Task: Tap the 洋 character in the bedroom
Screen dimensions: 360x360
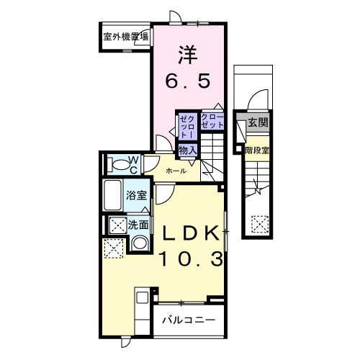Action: click(x=188, y=54)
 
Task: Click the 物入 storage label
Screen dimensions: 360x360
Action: click(x=188, y=149)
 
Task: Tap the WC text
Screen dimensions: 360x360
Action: click(x=133, y=163)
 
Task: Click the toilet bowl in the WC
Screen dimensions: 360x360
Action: click(x=115, y=165)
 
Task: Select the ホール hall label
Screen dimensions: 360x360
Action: click(x=176, y=171)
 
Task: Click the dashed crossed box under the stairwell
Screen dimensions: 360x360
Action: click(x=258, y=225)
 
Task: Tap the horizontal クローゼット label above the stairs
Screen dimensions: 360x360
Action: click(x=212, y=120)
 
